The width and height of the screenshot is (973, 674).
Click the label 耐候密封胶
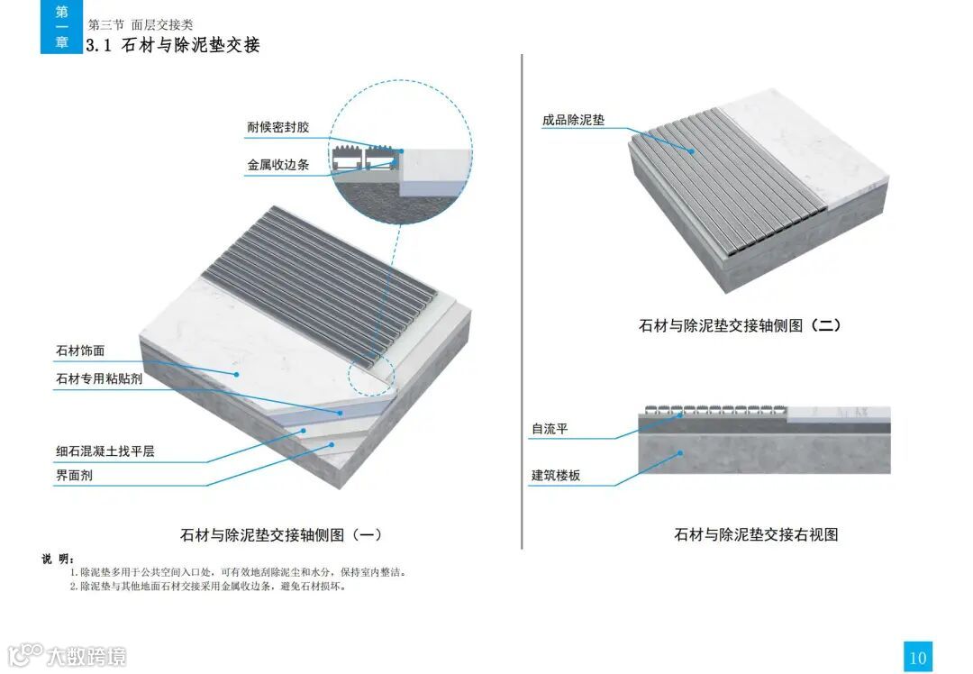278,127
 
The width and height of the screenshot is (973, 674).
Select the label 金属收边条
278,166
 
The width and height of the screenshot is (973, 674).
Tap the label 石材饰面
80,351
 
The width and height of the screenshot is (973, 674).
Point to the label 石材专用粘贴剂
99,379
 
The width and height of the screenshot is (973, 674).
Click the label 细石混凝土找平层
105,451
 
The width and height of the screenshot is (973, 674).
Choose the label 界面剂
74,475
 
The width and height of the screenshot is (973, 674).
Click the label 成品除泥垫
573,120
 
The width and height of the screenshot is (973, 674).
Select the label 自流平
550,429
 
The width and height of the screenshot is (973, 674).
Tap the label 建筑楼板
556,475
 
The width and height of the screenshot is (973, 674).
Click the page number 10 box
917,657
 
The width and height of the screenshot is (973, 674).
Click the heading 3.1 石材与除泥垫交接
172,45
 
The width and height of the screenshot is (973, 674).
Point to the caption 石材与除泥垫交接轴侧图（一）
281,534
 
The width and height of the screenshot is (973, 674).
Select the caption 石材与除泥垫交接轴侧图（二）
740,325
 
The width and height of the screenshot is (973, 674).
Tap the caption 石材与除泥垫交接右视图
756,534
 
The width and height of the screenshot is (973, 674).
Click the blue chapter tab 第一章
61,27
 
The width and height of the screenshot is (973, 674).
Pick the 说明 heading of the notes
59,559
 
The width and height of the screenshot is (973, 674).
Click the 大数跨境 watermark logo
68,655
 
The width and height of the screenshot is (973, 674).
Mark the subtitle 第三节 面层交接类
141,25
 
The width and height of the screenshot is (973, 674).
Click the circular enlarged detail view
400,150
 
